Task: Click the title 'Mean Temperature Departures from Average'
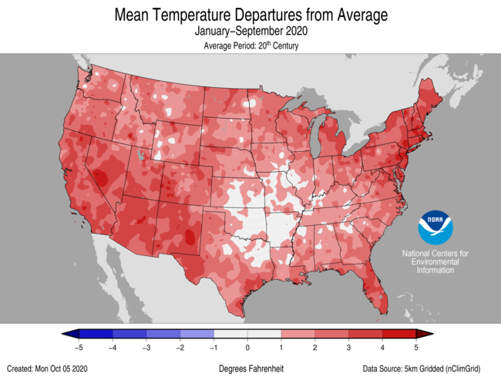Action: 250,15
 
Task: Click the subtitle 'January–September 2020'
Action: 250,32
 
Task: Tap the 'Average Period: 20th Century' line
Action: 250,46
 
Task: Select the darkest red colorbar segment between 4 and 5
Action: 399,334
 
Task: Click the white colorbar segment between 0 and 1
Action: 264,334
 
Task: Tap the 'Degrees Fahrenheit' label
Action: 250,369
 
